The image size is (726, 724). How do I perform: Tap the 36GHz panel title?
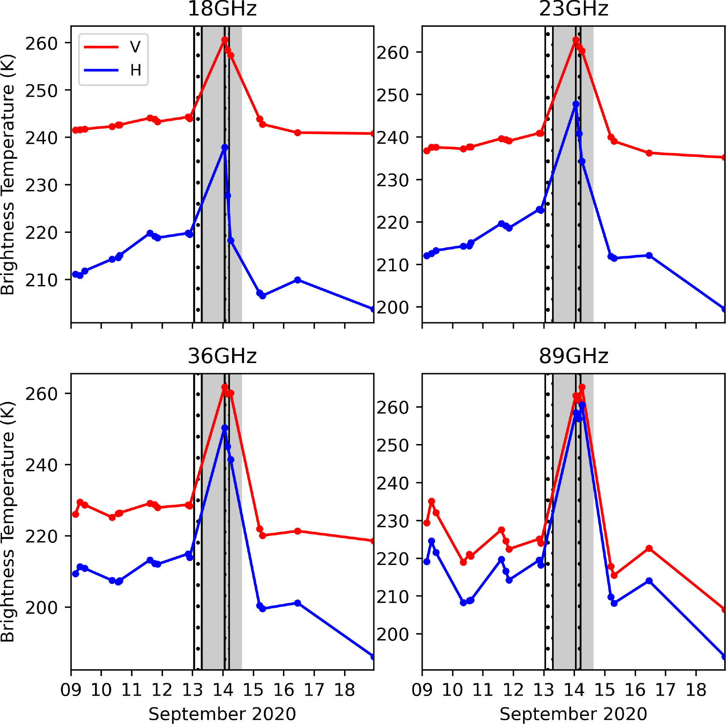222,356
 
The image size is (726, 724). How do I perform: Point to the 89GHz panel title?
573,356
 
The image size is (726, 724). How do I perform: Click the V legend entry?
135,47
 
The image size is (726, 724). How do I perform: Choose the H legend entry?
135,70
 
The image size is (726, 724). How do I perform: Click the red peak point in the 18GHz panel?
224,40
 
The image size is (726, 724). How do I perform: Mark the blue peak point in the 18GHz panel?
224,148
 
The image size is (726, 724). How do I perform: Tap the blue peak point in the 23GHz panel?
576,104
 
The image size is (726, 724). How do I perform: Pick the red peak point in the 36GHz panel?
224,387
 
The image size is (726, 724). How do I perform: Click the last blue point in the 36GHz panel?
373,657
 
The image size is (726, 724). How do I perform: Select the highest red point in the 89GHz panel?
582,387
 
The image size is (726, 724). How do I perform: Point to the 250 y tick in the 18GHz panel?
41,90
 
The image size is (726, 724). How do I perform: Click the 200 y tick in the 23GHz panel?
392,307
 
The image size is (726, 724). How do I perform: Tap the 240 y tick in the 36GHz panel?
41,465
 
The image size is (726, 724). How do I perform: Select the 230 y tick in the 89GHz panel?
392,521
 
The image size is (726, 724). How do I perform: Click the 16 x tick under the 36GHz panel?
283,690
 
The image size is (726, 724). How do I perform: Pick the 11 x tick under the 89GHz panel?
483,690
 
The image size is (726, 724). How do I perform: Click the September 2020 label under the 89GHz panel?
573,714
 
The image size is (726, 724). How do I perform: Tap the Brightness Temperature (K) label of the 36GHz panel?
8,522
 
